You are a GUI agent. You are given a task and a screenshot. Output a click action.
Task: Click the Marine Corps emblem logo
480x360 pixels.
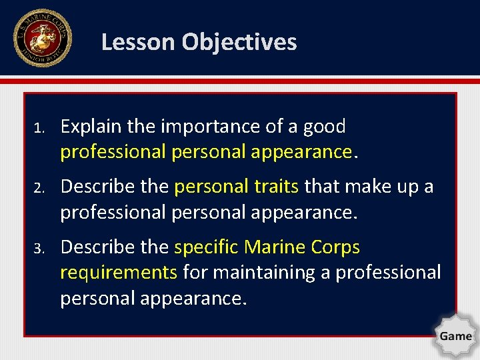point(43,38)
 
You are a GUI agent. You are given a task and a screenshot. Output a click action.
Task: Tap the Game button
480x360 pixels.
point(455,335)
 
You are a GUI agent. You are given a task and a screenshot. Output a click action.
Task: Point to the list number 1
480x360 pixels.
point(39,127)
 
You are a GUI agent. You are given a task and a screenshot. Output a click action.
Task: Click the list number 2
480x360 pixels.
point(39,188)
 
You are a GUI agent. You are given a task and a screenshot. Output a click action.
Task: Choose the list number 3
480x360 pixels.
point(39,249)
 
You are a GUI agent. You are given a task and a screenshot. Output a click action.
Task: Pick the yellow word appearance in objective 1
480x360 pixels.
point(301,152)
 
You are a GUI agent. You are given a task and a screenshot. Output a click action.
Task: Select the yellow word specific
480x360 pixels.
point(207,247)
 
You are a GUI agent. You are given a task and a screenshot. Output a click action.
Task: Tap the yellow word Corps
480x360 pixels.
point(336,247)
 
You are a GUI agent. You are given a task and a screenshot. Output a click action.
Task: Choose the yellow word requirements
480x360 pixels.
point(119,273)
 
